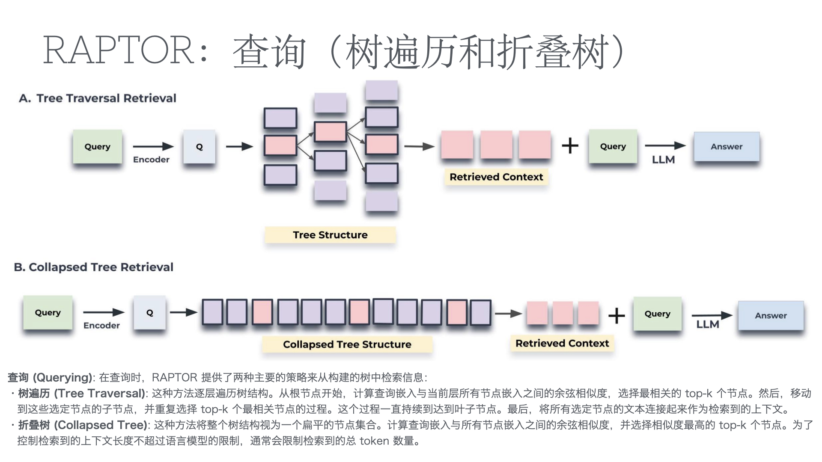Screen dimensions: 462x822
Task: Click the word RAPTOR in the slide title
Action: click(119, 51)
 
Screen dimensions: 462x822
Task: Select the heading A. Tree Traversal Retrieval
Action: click(98, 98)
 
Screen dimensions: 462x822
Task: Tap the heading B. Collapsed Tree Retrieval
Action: click(94, 267)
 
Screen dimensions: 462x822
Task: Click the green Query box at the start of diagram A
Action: click(98, 147)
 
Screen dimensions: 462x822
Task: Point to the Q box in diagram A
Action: click(199, 147)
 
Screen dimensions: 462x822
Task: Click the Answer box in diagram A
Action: click(727, 147)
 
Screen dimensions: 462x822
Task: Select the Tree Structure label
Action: click(330, 235)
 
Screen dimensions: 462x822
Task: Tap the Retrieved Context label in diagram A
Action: click(496, 177)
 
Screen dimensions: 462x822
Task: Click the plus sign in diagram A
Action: click(570, 146)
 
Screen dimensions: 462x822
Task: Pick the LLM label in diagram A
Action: click(663, 160)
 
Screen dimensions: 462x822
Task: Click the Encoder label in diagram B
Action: click(101, 326)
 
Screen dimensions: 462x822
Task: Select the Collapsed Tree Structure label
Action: click(347, 344)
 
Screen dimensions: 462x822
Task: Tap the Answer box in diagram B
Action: click(771, 316)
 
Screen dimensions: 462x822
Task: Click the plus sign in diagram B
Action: click(616, 316)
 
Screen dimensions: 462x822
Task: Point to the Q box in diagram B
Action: click(149, 313)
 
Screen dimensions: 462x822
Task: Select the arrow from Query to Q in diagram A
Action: click(153, 147)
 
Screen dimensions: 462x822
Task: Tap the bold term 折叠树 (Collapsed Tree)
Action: click(83, 425)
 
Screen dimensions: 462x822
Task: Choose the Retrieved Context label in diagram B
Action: click(562, 344)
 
